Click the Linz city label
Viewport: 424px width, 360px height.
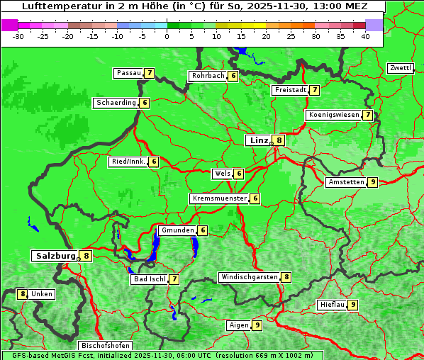tap(258, 140)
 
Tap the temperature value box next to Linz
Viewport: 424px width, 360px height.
tap(279, 140)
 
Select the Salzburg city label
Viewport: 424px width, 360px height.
tap(55, 256)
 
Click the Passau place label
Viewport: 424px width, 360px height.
tap(129, 73)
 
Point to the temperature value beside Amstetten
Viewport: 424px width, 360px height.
tap(373, 182)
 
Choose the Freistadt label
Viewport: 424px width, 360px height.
tap(290, 90)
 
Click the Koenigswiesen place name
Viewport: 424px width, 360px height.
tap(333, 115)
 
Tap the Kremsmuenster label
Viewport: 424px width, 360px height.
tap(219, 198)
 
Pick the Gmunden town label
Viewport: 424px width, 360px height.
tap(177, 230)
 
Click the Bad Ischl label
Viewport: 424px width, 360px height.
tap(149, 279)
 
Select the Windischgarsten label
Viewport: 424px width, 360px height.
tap(249, 277)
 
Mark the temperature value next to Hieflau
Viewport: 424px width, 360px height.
tap(353, 305)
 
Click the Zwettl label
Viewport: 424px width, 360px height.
tap(400, 68)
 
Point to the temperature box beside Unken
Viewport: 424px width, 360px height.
tap(23, 293)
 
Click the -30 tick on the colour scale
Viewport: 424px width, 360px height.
tap(18, 35)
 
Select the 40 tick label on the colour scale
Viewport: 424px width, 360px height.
tap(365, 35)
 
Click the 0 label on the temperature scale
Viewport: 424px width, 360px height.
tap(167, 35)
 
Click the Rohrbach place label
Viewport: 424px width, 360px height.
tap(208, 76)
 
